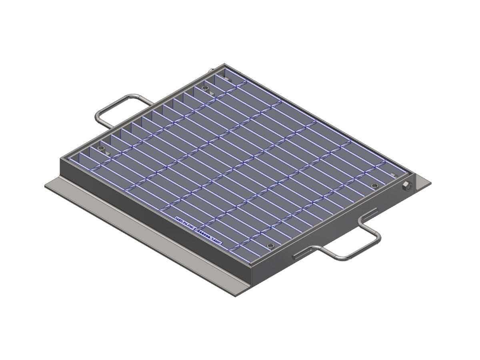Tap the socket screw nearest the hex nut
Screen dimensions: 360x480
tap(375, 186)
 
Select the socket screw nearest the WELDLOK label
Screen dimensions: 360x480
tap(270, 246)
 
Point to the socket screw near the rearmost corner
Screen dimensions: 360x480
tap(206, 88)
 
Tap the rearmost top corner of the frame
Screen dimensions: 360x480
tap(223, 64)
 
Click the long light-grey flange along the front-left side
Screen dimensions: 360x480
tap(140, 236)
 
